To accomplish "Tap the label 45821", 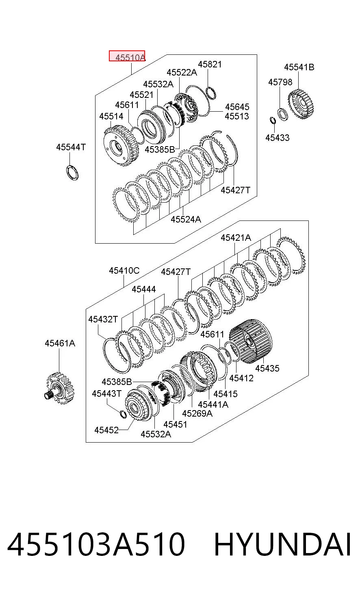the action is tap(210, 64).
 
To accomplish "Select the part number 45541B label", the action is tap(299, 67).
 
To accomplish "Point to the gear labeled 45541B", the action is tap(301, 104).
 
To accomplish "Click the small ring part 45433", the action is tap(273, 120).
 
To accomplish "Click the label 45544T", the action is tap(71, 147).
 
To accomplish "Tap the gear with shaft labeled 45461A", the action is tap(60, 388).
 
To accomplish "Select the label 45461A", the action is tap(60, 343).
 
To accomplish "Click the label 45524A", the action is tap(186, 219).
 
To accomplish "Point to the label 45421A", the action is tap(236, 238).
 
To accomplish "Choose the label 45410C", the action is tap(124, 270).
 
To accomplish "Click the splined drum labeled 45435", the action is tap(251, 341).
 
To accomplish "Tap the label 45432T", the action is tap(103, 319).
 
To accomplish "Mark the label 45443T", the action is tap(107, 393).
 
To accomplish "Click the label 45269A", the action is tap(197, 413).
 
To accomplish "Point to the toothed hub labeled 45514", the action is tap(121, 146).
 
